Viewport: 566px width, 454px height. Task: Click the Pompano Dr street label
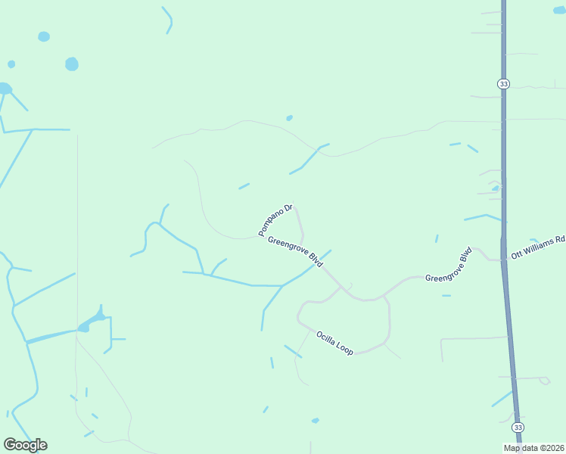click(275, 219)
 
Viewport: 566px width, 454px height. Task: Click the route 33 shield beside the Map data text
click(518, 428)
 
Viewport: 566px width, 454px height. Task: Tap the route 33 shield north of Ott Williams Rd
click(503, 83)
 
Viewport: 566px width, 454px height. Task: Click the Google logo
click(25, 445)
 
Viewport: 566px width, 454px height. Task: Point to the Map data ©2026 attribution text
click(534, 448)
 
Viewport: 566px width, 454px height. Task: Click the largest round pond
click(72, 64)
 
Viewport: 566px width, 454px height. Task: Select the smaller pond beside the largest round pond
click(44, 36)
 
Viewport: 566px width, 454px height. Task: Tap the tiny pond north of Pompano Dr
click(289, 118)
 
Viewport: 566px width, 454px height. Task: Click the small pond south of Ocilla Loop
click(315, 421)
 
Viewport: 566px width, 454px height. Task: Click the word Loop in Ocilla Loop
click(345, 349)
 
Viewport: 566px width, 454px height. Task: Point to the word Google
click(25, 445)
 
